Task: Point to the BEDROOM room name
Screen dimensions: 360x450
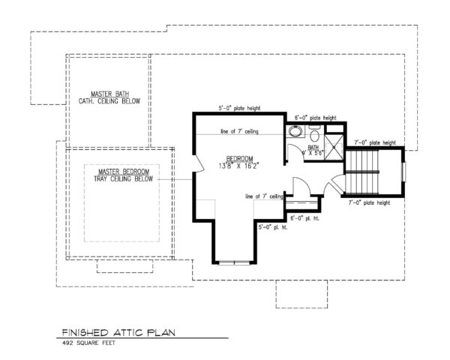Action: (240, 159)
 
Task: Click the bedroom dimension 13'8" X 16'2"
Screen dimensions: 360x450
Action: (240, 166)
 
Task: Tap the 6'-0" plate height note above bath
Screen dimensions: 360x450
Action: (314, 118)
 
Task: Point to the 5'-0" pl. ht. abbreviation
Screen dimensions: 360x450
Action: (272, 226)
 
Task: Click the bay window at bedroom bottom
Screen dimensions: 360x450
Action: (233, 262)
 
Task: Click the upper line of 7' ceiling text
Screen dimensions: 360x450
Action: (240, 132)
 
